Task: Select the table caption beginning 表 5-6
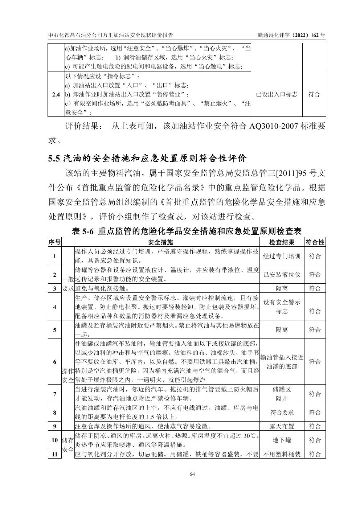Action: [187, 231]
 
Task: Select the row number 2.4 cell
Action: [56, 94]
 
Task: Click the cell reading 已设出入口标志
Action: [277, 94]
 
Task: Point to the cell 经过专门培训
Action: [282, 256]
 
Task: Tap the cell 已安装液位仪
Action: [282, 275]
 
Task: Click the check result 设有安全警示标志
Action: [282, 307]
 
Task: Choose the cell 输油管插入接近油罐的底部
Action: [282, 362]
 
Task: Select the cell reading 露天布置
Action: [282, 426]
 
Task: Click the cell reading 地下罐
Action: [282, 440]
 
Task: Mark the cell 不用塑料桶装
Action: [282, 454]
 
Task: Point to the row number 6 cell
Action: [54, 362]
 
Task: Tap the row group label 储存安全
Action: [68, 445]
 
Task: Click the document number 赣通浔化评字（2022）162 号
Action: [291, 35]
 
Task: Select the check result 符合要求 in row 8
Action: [282, 412]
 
